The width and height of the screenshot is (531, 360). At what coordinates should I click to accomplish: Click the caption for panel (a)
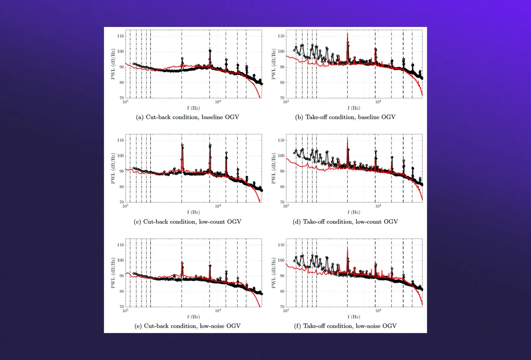pos(187,117)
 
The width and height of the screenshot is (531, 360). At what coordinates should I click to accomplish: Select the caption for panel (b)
pos(345,117)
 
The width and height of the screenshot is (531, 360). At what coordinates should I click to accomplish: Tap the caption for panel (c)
pos(187,222)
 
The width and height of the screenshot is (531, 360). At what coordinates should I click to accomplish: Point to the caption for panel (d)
pos(345,222)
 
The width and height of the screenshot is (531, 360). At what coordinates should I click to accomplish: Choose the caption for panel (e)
pos(187,326)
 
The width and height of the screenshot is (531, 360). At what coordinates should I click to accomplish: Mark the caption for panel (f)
pos(345,326)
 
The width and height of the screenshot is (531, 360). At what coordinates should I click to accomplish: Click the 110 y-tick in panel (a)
pos(120,36)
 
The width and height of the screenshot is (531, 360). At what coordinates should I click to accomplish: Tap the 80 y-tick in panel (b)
pos(282,83)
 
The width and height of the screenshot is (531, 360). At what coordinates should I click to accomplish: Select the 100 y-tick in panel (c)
pos(120,156)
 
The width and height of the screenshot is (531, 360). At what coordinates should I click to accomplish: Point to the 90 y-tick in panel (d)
pos(282,171)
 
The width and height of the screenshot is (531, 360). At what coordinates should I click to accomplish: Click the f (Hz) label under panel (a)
pos(193,108)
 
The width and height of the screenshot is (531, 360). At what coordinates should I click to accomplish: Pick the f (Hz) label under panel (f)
pos(354,316)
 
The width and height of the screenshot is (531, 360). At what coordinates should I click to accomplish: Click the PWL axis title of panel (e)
pos(113,273)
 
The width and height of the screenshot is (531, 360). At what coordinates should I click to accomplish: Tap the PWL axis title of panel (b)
pos(273,64)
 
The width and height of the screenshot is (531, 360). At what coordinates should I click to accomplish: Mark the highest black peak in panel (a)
pos(210,51)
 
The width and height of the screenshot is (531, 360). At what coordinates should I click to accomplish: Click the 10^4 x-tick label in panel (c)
pos(218,206)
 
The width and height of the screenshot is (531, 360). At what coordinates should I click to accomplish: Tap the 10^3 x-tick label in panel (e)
pos(125,310)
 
